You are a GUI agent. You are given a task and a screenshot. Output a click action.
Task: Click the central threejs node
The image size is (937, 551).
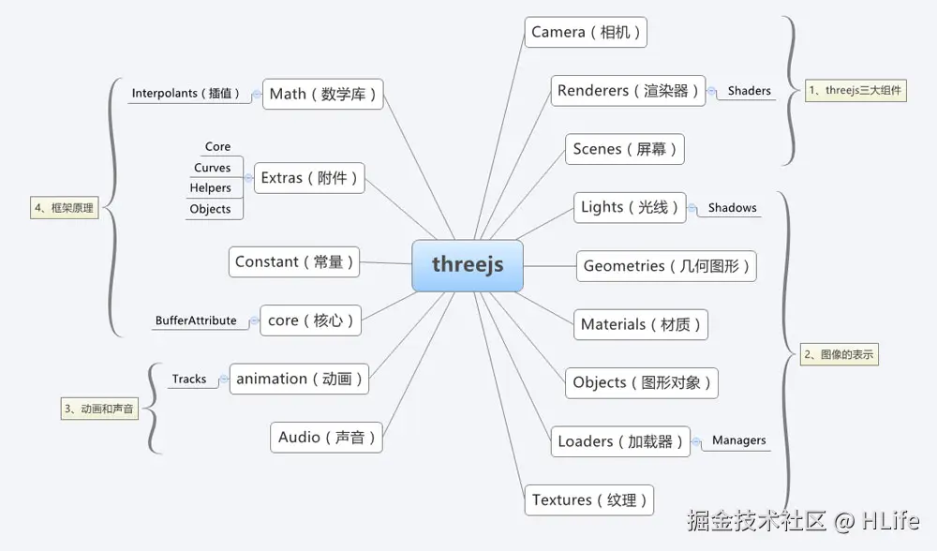click(x=468, y=265)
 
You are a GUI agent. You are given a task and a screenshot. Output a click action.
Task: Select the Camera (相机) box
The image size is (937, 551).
click(x=586, y=33)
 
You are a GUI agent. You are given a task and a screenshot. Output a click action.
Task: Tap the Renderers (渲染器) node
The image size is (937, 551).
click(x=628, y=91)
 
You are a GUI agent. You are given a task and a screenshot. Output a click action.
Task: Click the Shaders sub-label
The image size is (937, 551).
click(x=750, y=91)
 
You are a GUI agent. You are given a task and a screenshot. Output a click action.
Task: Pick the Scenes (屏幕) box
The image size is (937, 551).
click(x=625, y=149)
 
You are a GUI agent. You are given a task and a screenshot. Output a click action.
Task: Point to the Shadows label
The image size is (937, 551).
click(x=732, y=208)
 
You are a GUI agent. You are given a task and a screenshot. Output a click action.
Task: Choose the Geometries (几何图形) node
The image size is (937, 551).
click(x=666, y=266)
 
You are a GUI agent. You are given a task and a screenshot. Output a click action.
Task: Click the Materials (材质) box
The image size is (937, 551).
click(x=641, y=324)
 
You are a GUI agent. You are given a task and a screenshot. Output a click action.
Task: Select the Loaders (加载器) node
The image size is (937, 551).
click(x=620, y=441)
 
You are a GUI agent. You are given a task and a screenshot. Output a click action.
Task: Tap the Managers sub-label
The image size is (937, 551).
click(x=738, y=440)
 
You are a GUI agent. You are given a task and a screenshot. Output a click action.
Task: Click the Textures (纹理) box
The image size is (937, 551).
click(x=588, y=499)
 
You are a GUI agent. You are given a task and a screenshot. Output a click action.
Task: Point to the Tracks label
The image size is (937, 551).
click(x=188, y=380)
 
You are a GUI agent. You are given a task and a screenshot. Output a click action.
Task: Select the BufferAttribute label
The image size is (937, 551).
click(x=196, y=320)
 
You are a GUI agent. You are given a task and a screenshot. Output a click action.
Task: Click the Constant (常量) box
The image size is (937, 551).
click(x=294, y=262)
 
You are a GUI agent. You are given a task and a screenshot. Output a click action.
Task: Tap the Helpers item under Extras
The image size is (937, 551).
click(x=210, y=188)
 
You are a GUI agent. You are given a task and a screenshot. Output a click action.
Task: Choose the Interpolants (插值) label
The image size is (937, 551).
click(x=186, y=94)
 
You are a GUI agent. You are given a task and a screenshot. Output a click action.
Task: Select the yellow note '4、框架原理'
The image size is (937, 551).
click(x=65, y=208)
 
